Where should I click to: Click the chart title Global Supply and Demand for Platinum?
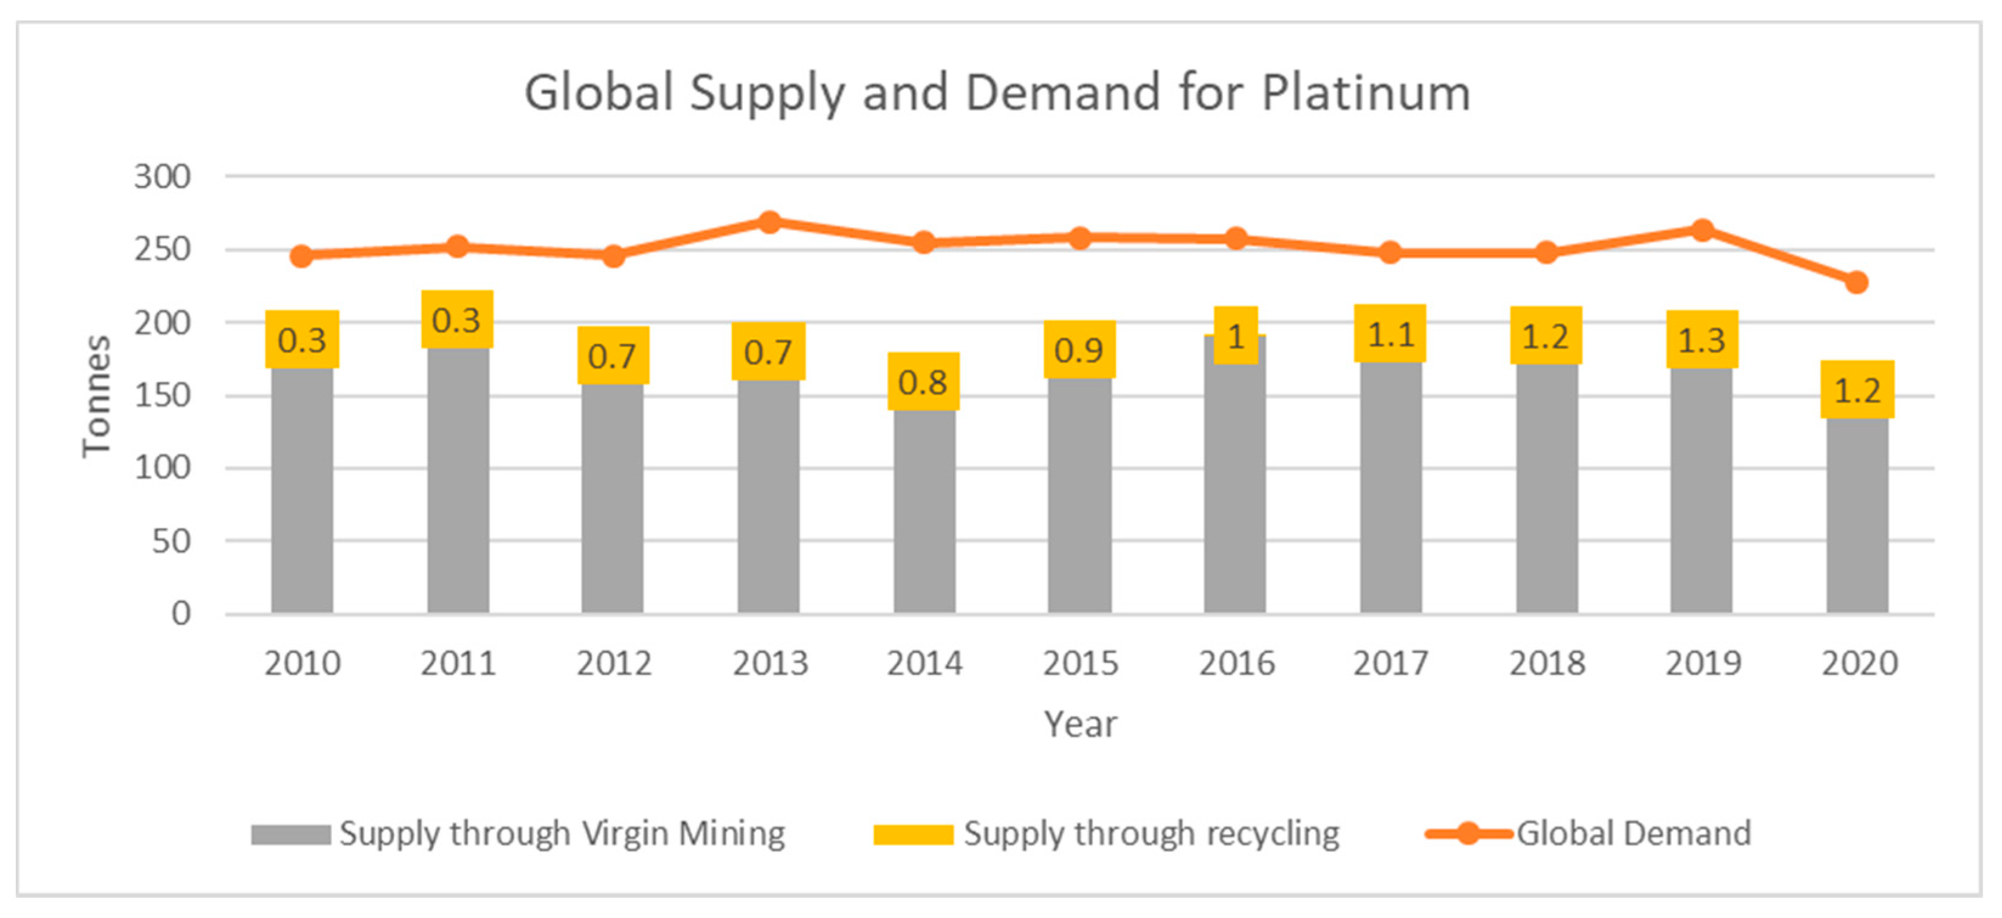pos(997,93)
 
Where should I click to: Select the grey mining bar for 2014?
pos(924,513)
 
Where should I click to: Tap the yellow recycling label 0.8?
pos(923,382)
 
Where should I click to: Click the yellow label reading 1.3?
pos(1702,340)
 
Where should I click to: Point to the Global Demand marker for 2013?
pos(769,222)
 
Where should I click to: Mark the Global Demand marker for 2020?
pos(1857,282)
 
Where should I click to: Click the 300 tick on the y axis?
pos(162,177)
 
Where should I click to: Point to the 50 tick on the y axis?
pos(171,541)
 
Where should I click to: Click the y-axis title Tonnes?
pos(97,396)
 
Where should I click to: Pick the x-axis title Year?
pos(1079,724)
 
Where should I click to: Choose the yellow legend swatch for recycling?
pos(913,834)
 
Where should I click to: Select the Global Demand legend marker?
pos(1467,834)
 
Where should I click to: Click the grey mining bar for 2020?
pos(1857,516)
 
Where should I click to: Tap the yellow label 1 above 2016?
pos(1236,335)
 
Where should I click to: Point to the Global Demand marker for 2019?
pos(1702,230)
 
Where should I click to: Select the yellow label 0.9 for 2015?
pos(1079,349)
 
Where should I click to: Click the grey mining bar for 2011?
pos(458,482)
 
